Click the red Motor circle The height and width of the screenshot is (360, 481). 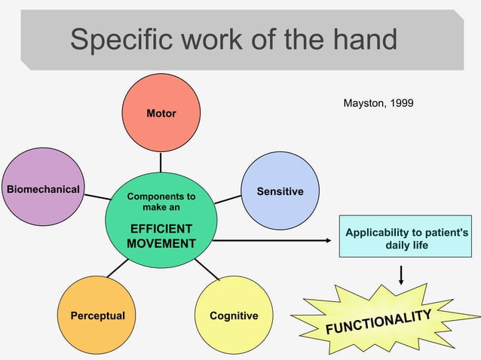click(x=161, y=113)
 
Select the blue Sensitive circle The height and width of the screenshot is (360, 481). click(x=280, y=191)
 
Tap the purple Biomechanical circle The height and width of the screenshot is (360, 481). click(x=43, y=188)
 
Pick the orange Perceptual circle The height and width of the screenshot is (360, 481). click(x=97, y=315)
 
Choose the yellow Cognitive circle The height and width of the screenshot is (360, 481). click(x=234, y=315)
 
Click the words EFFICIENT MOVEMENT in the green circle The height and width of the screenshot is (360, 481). click(x=161, y=236)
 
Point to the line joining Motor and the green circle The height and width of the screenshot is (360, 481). click(x=161, y=163)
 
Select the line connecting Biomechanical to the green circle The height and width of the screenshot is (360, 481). click(x=97, y=197)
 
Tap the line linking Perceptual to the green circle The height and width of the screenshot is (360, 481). click(x=118, y=268)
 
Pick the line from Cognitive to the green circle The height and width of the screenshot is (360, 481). click(x=206, y=269)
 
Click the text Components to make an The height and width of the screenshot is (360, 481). click(x=161, y=201)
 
